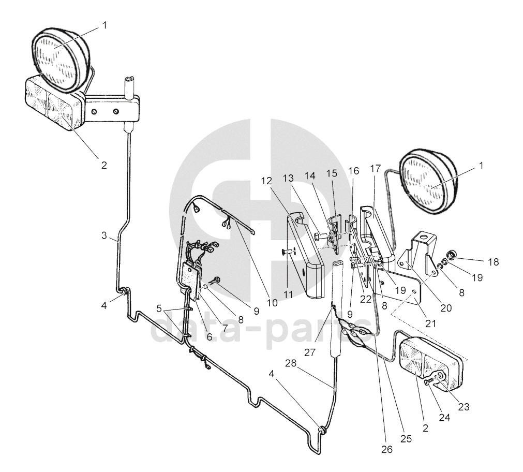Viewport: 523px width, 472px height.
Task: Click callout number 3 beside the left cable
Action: click(105, 235)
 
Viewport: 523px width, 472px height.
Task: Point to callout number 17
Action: click(375, 169)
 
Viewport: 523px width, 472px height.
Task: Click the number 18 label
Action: click(493, 262)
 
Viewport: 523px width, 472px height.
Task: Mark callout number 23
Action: click(463, 406)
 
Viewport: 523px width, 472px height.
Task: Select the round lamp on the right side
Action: click(428, 181)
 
